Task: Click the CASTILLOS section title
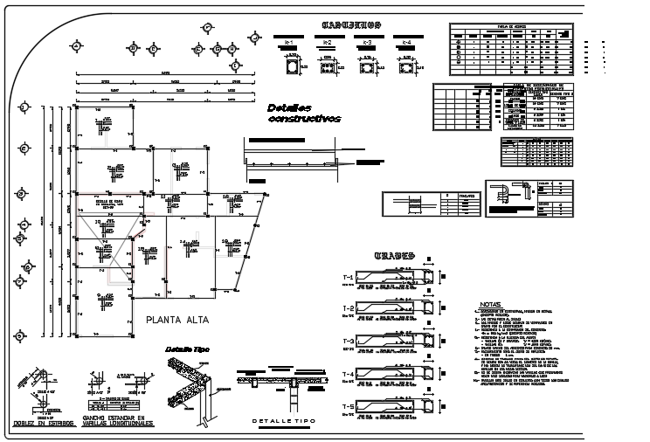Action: click(349, 24)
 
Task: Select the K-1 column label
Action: click(287, 42)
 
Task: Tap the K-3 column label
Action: click(367, 42)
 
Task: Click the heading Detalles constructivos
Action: click(303, 113)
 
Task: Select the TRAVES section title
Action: click(394, 256)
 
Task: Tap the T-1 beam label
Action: click(348, 278)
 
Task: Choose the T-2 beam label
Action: click(348, 309)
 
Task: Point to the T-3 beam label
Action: click(348, 342)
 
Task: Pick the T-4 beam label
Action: click(348, 374)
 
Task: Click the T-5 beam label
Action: click(348, 407)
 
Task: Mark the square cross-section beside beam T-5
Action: click(430, 408)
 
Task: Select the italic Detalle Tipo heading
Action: click(187, 349)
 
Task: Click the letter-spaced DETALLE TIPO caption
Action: click(282, 422)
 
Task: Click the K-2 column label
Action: click(327, 42)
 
